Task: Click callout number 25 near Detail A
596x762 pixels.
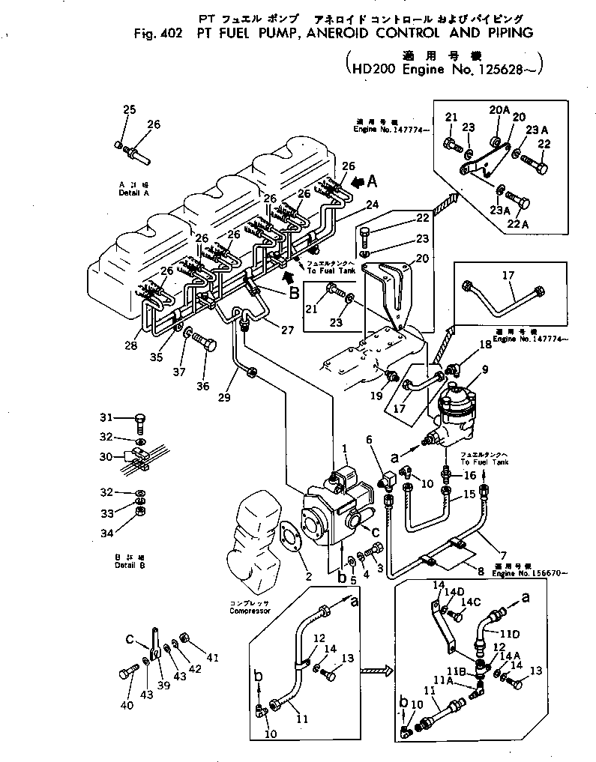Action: tap(129, 110)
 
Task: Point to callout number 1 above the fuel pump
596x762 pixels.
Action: tap(345, 448)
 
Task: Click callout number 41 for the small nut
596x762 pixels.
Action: tap(212, 659)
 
